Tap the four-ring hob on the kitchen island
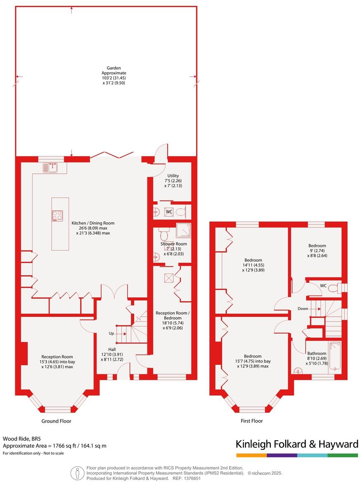click(57, 216)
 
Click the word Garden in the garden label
click(114, 68)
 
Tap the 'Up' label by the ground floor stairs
click(111, 333)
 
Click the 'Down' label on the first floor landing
click(303, 309)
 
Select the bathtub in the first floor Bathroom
click(335, 357)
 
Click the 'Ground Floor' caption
click(56, 421)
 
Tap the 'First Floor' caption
click(252, 421)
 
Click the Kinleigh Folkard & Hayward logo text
click(296, 444)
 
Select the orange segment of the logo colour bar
click(251, 455)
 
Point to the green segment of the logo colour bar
click(343, 455)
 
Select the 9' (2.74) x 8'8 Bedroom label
click(317, 246)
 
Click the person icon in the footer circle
click(76, 473)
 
